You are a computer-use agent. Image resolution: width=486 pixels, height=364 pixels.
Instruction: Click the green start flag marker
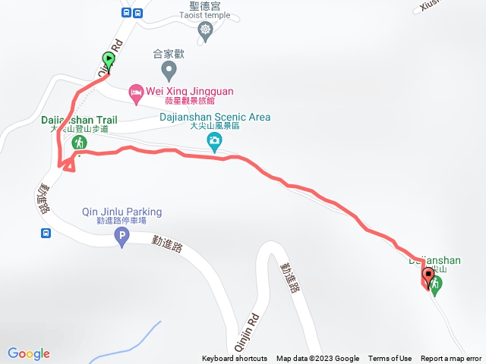pos(109,59)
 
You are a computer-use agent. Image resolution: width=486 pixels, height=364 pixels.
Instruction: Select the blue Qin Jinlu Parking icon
pos(121,238)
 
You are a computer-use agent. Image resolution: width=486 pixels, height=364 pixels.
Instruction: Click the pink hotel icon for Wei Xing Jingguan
pos(136,93)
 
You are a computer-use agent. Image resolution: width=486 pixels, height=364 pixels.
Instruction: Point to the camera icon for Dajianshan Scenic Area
pos(215,140)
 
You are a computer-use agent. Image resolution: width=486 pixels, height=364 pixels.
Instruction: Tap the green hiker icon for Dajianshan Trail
pos(78,143)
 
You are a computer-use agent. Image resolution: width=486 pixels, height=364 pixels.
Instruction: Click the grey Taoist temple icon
pos(204,30)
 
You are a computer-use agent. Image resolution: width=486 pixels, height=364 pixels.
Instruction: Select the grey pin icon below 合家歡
pos(169,72)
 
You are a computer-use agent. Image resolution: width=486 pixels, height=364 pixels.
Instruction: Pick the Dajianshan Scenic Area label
pos(215,118)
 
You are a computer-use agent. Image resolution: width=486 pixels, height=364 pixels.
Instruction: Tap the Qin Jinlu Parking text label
pos(121,212)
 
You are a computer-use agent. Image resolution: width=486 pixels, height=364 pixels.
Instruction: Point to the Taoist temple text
pos(204,14)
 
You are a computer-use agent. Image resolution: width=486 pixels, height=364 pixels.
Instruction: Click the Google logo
pos(29,353)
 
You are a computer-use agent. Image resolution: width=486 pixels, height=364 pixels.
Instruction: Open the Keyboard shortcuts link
pos(235,359)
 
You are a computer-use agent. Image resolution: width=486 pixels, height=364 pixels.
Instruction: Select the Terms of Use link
pos(390,359)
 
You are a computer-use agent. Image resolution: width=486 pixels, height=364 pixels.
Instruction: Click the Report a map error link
pos(451,359)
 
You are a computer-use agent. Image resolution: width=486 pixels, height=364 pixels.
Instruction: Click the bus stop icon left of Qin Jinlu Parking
pos(46,233)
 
